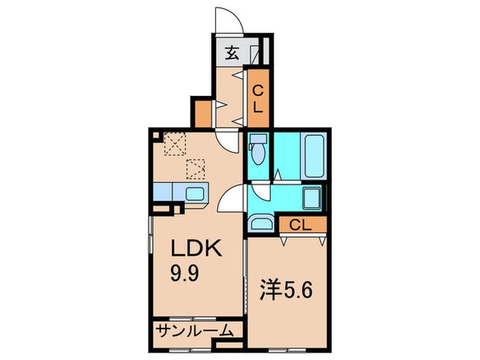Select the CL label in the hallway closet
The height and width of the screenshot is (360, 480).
click(x=258, y=99)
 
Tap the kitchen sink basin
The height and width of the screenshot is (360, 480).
click(x=195, y=193)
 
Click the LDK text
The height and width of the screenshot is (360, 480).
click(x=195, y=248)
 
